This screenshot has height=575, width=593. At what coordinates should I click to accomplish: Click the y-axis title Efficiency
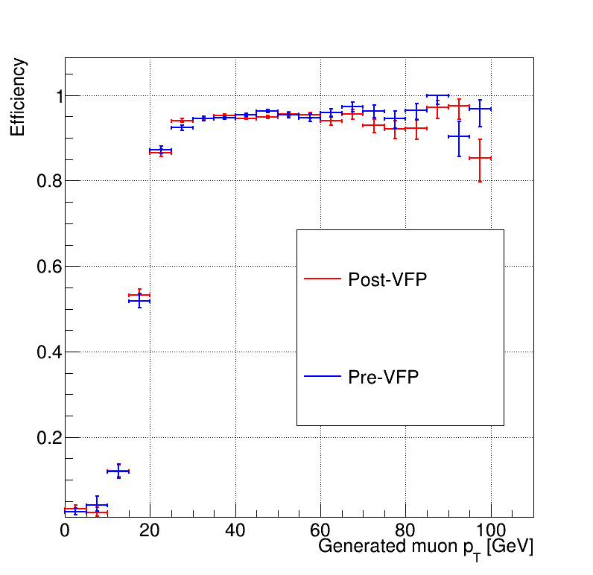pyautogui.click(x=17, y=97)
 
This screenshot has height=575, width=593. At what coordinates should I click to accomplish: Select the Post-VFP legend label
pyautogui.click(x=387, y=280)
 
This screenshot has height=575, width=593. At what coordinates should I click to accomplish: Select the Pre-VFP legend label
pyautogui.click(x=383, y=377)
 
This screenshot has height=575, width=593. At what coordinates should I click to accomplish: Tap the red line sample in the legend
pyautogui.click(x=323, y=279)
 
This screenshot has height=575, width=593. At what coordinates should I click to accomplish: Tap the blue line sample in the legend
pyautogui.click(x=323, y=376)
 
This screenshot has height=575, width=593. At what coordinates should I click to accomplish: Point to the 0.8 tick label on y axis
pyautogui.click(x=50, y=181)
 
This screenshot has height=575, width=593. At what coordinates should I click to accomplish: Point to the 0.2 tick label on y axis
pyautogui.click(x=50, y=438)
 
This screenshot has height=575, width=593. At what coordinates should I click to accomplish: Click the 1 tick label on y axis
pyautogui.click(x=59, y=96)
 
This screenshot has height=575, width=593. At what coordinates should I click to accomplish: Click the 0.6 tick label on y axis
pyautogui.click(x=50, y=267)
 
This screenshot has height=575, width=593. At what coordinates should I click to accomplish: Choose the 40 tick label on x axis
pyautogui.click(x=235, y=530)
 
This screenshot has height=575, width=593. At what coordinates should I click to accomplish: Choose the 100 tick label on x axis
pyautogui.click(x=491, y=530)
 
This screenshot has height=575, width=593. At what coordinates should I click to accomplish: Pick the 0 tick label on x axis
pyautogui.click(x=65, y=530)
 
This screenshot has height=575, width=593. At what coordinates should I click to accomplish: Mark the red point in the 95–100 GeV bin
pyautogui.click(x=480, y=158)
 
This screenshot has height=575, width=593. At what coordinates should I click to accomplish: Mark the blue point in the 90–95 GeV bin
pyautogui.click(x=459, y=136)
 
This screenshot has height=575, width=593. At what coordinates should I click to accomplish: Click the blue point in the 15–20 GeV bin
pyautogui.click(x=139, y=301)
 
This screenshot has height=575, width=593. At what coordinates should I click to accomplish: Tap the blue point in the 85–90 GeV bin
pyautogui.click(x=437, y=95)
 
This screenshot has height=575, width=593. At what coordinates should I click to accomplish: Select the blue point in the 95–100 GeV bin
pyautogui.click(x=480, y=109)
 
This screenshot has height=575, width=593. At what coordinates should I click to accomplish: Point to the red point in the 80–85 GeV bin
pyautogui.click(x=416, y=129)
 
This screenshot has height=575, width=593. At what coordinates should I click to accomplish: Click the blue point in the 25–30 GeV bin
pyautogui.click(x=182, y=127)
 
